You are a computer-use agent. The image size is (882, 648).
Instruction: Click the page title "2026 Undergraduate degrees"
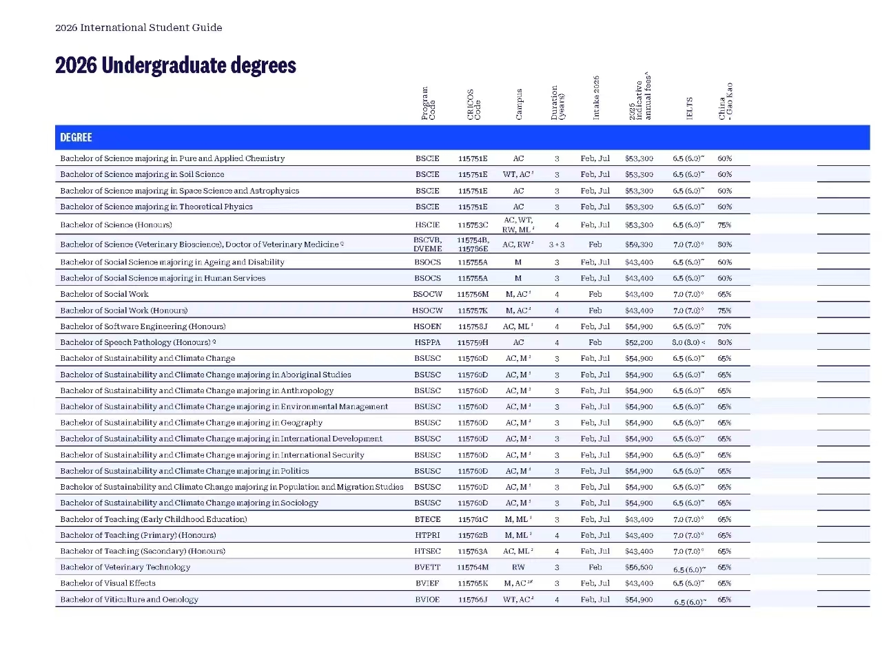pyautogui.click(x=176, y=65)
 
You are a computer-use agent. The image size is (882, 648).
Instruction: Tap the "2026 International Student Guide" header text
pyautogui.click(x=139, y=28)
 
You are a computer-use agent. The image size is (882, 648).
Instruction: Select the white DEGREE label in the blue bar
pyautogui.click(x=76, y=138)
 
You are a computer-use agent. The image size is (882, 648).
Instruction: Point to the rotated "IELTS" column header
pyautogui.click(x=689, y=109)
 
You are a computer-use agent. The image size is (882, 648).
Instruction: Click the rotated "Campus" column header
pyautogui.click(x=519, y=104)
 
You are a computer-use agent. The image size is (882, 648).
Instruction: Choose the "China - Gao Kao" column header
pyautogui.click(x=726, y=101)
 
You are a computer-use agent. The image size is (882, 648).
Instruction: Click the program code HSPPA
pyautogui.click(x=427, y=342)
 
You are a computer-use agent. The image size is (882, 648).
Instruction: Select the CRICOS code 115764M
pyautogui.click(x=473, y=567)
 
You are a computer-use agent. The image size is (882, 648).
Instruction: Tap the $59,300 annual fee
pyautogui.click(x=639, y=244)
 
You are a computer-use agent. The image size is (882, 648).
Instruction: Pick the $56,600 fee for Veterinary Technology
pyautogui.click(x=639, y=567)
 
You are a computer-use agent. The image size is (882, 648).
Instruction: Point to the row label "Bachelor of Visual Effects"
pyautogui.click(x=108, y=583)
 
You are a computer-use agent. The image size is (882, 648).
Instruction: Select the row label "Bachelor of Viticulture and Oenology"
pyautogui.click(x=129, y=599)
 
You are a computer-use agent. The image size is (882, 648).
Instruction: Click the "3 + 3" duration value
pyautogui.click(x=557, y=244)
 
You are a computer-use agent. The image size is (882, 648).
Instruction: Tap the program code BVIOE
pyautogui.click(x=427, y=599)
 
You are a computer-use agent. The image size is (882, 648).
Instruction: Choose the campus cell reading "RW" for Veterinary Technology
pyautogui.click(x=518, y=567)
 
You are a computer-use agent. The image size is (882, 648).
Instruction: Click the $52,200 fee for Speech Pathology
pyautogui.click(x=639, y=342)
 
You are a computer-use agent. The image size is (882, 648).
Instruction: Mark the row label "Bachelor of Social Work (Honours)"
pyautogui.click(x=124, y=311)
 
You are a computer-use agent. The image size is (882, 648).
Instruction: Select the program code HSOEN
pyautogui.click(x=427, y=326)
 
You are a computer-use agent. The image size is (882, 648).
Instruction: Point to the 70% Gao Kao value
pyautogui.click(x=724, y=326)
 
